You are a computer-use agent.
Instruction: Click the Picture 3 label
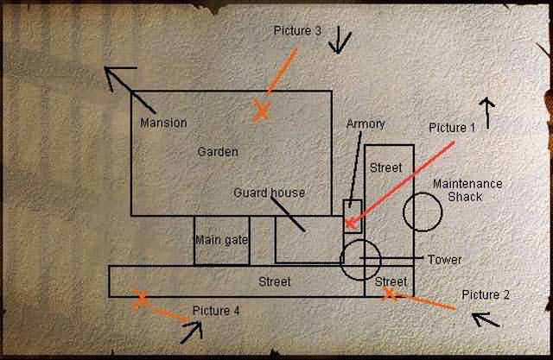point(297,31)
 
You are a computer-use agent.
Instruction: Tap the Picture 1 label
point(452,128)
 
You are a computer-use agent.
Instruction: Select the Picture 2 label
point(486,294)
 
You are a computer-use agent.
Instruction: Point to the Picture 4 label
point(216,311)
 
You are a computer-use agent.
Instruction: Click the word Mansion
point(163,123)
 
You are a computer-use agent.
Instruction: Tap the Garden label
point(218,152)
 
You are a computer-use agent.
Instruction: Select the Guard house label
point(269,193)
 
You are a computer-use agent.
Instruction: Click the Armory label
point(365,124)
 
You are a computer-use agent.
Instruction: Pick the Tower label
point(444,260)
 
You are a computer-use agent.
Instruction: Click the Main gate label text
point(221,240)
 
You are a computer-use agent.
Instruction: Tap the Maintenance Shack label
point(467,190)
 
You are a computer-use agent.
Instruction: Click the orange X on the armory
point(350,224)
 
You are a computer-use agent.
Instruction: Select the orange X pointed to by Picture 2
point(389,294)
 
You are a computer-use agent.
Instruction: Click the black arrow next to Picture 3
point(339,40)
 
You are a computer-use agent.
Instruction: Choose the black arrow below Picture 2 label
point(486,320)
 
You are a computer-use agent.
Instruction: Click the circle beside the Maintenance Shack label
point(422,210)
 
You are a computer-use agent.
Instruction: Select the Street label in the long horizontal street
point(275,281)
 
